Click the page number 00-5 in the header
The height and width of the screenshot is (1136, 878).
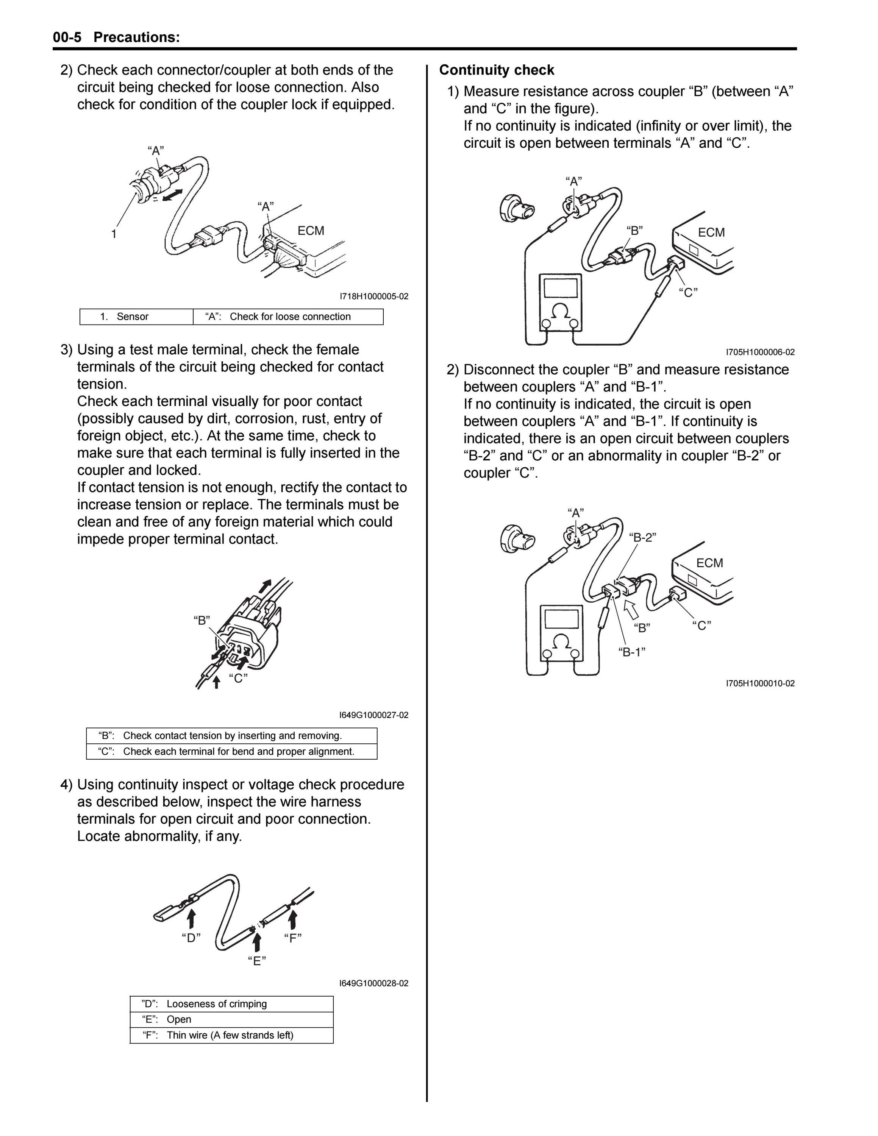coord(67,37)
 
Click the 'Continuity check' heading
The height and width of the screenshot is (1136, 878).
coord(497,70)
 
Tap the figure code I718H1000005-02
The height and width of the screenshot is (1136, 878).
coord(374,296)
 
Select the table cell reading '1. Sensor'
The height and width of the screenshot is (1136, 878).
coord(136,317)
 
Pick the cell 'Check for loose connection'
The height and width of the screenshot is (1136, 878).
coord(290,317)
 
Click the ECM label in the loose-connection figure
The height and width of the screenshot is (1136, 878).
coord(311,231)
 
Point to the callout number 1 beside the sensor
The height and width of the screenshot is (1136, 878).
coord(114,234)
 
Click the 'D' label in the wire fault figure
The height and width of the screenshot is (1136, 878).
coord(191,938)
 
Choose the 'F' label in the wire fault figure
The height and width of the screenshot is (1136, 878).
coord(293,938)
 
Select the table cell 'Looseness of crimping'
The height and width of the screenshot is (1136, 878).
coord(217,1004)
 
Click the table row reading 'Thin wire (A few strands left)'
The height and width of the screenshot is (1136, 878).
coord(231,1035)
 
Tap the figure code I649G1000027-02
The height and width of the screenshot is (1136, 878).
coord(374,715)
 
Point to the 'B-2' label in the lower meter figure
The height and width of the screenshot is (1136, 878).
coord(642,537)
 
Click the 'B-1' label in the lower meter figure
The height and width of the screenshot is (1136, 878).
coord(632,652)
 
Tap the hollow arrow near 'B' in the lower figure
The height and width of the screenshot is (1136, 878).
coord(631,609)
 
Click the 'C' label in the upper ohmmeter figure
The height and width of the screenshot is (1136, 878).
coord(688,292)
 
